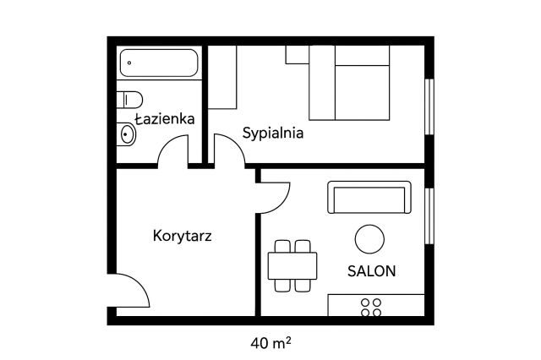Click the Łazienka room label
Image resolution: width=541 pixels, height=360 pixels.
(165, 119)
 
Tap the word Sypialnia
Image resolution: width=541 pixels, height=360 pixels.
(273, 133)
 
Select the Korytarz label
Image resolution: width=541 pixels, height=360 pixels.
(182, 235)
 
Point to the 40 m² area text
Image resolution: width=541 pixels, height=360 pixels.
(271, 343)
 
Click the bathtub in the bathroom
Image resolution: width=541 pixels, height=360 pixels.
(159, 63)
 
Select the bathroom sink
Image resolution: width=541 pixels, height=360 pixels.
(128, 134)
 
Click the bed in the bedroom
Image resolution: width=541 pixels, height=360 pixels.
(349, 83)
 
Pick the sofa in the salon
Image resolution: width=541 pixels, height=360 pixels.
(369, 198)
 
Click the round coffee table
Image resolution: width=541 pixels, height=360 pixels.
(369, 239)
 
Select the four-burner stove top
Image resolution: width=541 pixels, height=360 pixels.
(370, 307)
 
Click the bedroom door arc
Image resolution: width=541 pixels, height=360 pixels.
(229, 149)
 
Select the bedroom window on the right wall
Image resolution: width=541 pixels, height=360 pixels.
(429, 106)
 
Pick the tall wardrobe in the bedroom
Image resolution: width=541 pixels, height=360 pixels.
(223, 78)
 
